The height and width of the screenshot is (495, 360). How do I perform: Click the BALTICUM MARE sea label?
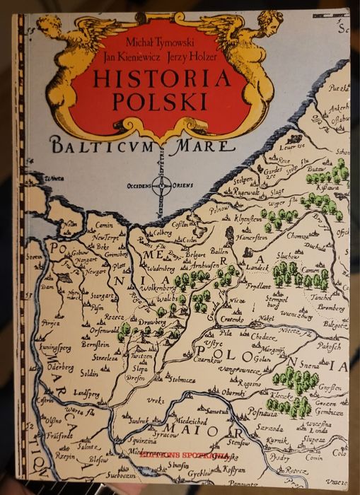click(151, 147)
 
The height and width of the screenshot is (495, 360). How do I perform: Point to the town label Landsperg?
click(87, 393)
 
